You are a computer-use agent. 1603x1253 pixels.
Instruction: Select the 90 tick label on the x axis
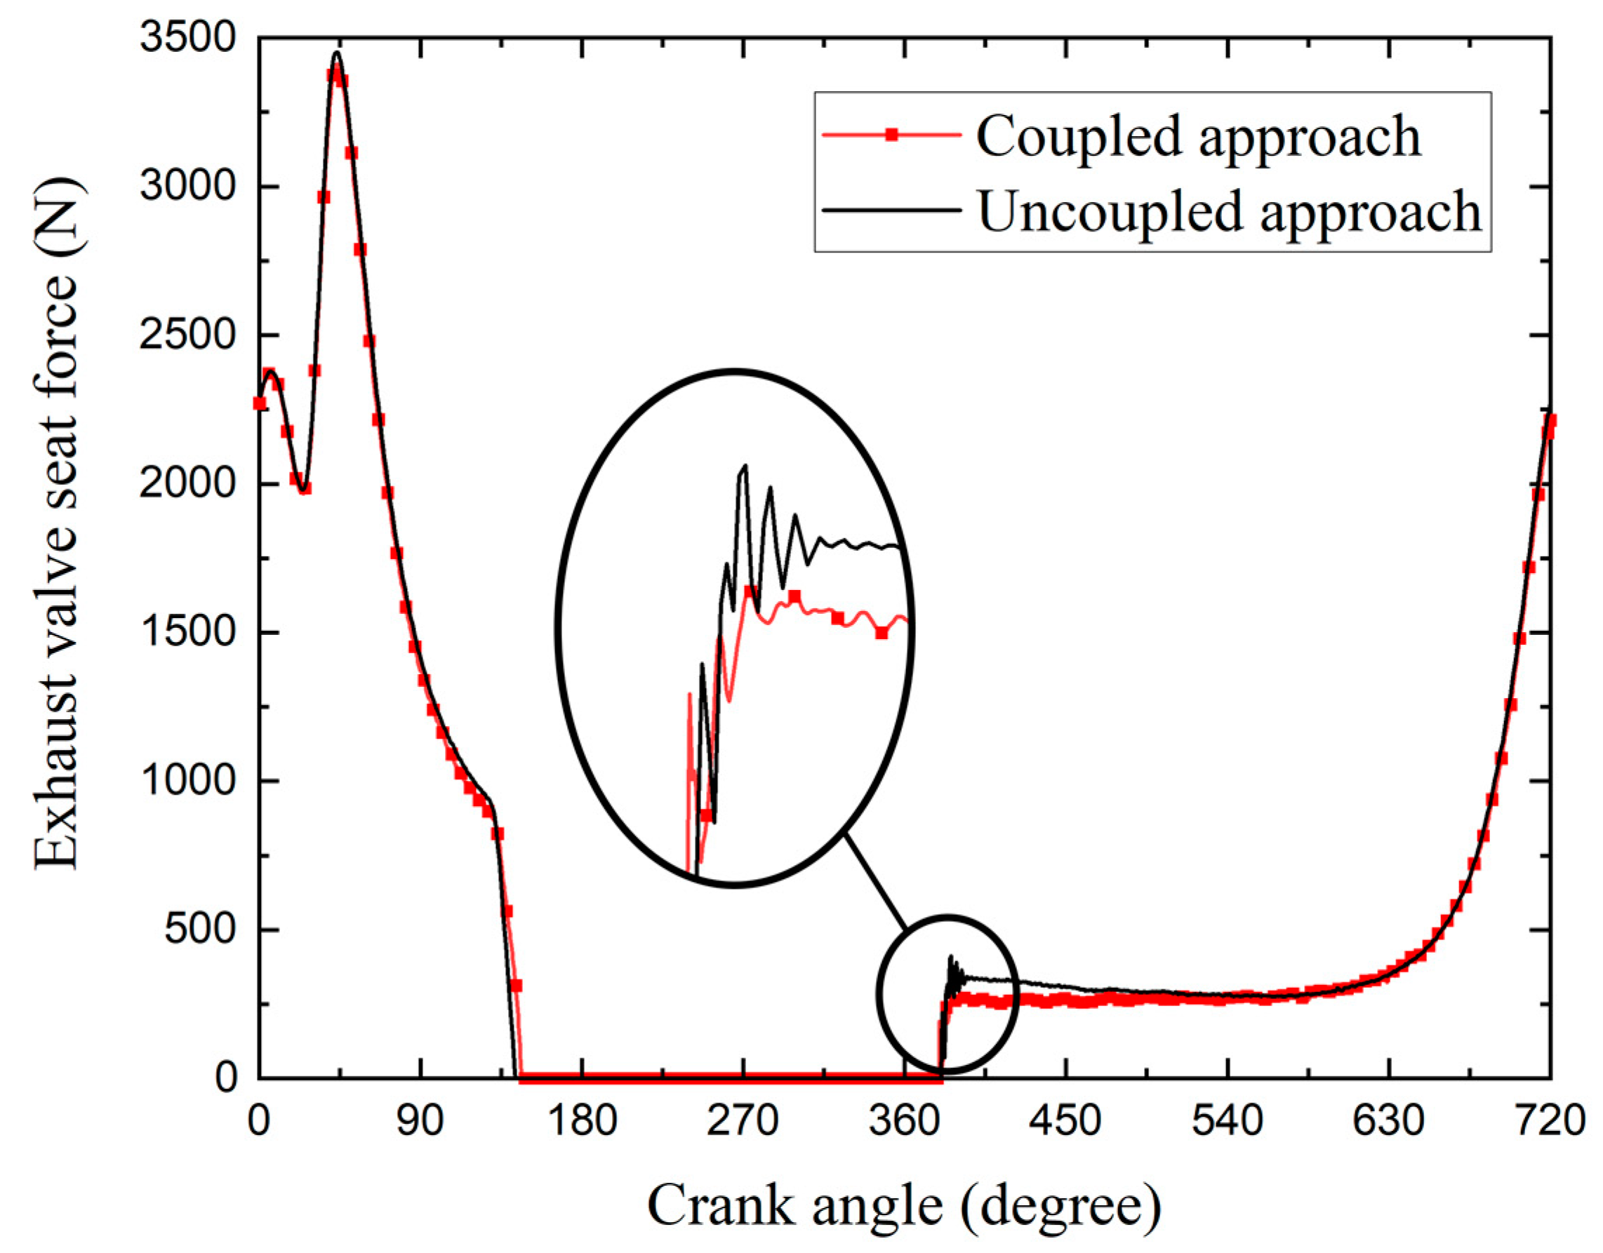(420, 1121)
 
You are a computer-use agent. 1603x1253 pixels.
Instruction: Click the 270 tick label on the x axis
(743, 1121)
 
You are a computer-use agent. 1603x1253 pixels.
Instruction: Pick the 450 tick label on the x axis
(1065, 1121)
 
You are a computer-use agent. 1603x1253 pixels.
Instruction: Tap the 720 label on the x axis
(1549, 1121)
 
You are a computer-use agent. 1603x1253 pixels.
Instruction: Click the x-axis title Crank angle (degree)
(904, 1205)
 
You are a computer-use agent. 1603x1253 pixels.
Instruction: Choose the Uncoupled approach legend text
(1230, 211)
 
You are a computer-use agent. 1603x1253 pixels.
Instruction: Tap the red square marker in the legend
(891, 134)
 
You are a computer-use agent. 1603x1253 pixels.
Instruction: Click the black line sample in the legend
(891, 210)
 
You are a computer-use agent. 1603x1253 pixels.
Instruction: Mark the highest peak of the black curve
(337, 53)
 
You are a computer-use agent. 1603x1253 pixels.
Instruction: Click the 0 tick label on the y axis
(225, 1077)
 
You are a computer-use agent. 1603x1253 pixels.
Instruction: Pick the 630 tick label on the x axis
(1388, 1121)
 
